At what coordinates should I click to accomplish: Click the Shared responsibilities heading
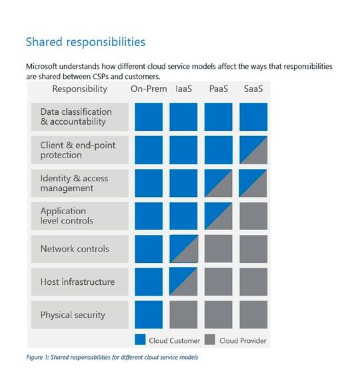pyautogui.click(x=85, y=42)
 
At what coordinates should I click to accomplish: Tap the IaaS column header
pyautogui.click(x=183, y=89)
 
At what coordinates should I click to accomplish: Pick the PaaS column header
pyautogui.click(x=218, y=89)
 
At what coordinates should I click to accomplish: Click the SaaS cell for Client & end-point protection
pyautogui.click(x=253, y=150)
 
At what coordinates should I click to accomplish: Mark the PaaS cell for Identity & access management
pyautogui.click(x=218, y=183)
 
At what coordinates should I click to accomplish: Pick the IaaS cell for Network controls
pyautogui.click(x=183, y=249)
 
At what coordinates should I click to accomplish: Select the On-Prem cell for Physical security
pyautogui.click(x=148, y=315)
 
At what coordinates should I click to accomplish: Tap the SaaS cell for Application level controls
pyautogui.click(x=253, y=216)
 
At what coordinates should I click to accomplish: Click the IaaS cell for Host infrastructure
pyautogui.click(x=183, y=282)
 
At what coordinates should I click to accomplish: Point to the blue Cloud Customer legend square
pyautogui.click(x=140, y=340)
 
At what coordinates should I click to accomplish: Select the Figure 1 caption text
pyautogui.click(x=112, y=358)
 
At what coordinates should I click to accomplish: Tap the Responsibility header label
pyautogui.click(x=79, y=89)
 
